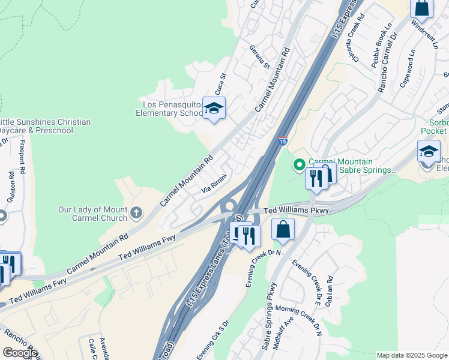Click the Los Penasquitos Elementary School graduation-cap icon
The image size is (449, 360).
214,109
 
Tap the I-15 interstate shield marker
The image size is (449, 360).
282,142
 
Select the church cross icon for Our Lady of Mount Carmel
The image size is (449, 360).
137,212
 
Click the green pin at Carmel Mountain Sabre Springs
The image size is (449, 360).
299,164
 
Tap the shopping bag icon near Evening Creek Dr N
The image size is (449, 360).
283,230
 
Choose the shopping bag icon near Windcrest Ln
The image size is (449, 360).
422,8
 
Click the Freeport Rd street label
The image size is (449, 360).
22,157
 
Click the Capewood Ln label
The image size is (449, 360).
407,68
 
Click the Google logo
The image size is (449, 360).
20,352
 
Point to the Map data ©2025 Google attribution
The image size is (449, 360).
412,355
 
